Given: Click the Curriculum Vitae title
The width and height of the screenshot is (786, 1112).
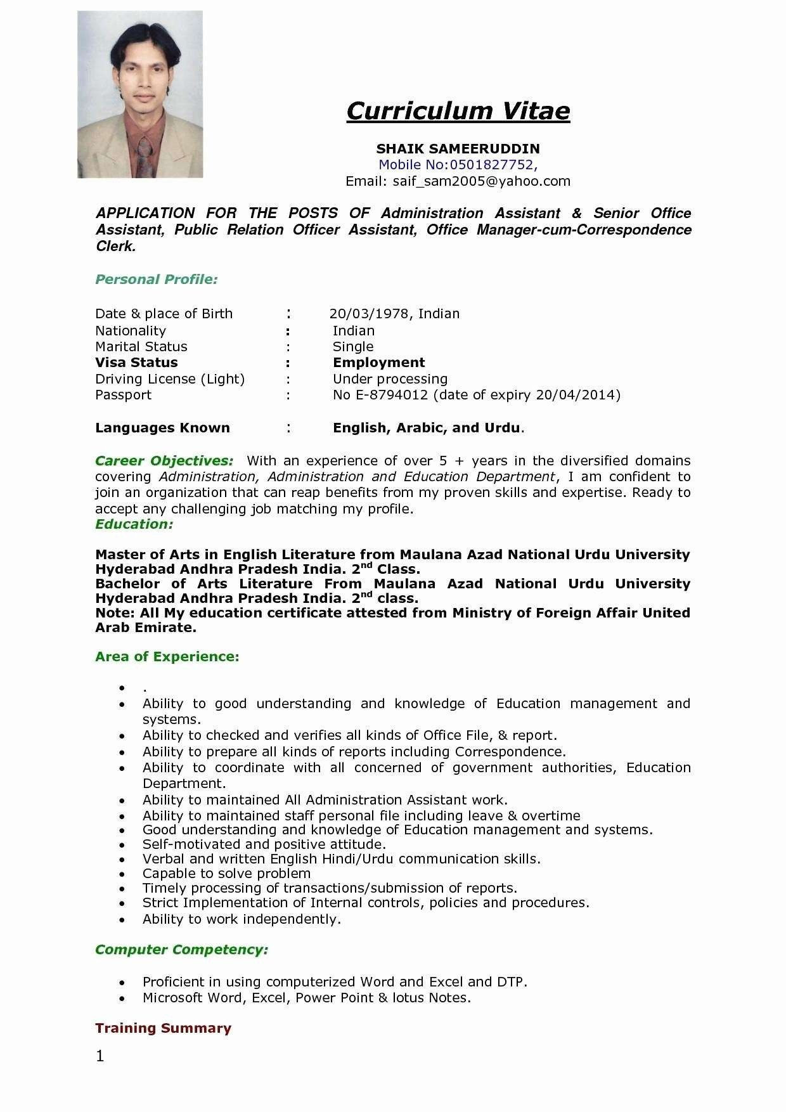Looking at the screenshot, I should click(458, 111).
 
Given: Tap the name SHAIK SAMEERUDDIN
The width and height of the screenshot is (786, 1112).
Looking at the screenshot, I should click(458, 149).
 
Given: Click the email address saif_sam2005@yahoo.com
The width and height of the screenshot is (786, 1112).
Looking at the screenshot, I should click(481, 181).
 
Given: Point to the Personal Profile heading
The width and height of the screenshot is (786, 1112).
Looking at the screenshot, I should click(157, 280).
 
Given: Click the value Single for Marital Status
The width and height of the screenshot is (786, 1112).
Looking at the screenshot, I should click(353, 347).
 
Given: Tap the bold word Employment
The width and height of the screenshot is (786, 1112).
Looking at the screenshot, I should click(378, 363).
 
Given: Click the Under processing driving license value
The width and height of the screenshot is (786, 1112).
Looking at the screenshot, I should click(390, 379).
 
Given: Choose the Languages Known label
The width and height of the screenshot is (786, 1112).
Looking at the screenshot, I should click(162, 428).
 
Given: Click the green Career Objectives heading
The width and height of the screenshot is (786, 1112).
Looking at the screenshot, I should click(164, 460).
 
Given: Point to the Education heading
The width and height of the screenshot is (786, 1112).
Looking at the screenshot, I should click(134, 524).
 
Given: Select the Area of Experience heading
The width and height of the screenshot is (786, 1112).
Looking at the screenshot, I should click(167, 657).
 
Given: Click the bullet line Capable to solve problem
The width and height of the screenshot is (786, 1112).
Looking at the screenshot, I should click(226, 874).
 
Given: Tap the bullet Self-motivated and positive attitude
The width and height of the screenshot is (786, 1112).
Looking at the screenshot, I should click(264, 844).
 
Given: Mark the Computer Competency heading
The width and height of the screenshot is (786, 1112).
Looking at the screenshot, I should click(181, 950).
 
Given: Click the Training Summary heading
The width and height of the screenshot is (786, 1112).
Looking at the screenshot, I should click(163, 1028).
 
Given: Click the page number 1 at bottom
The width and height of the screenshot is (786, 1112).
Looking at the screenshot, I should click(100, 1056).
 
